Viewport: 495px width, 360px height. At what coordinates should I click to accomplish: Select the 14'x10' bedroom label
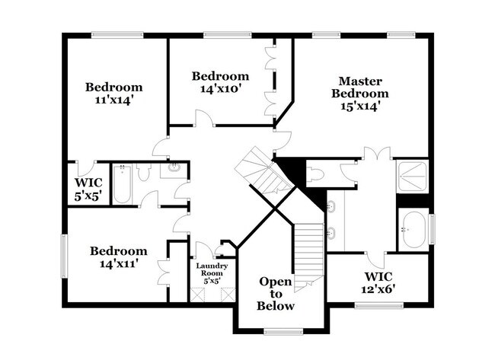[x=220, y=82]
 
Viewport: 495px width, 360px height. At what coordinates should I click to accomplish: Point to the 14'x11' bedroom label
[x=119, y=257]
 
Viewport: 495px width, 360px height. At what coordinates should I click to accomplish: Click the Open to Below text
[x=276, y=293]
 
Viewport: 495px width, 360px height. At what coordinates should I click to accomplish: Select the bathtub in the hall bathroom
[x=122, y=184]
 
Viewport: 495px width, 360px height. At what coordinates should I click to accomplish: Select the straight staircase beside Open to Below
[x=309, y=251]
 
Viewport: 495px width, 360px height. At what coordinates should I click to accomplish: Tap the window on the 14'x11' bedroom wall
[x=64, y=257]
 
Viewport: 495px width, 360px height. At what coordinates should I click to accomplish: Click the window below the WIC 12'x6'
[x=378, y=306]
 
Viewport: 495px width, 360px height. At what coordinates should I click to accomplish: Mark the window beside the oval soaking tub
[x=431, y=229]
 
